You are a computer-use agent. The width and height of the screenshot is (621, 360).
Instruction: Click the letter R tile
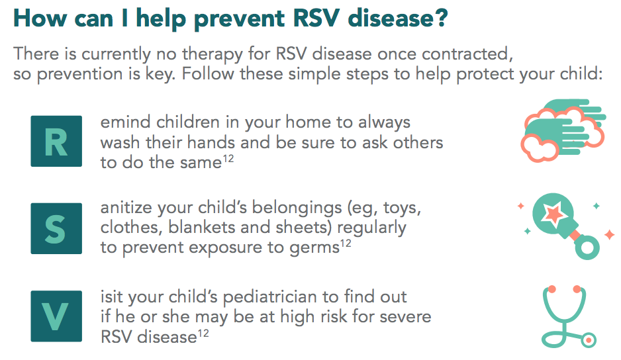point(56,141)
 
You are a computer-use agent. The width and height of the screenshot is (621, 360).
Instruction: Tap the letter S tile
point(56,228)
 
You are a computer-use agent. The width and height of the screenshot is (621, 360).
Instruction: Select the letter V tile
point(56,316)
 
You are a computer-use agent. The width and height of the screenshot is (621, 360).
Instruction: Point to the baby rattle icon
point(565,226)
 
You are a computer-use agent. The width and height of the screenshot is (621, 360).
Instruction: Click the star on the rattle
point(553,213)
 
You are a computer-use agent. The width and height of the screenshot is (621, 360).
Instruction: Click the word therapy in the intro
point(213,54)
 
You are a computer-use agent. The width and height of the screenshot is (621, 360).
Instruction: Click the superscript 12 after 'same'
point(228,158)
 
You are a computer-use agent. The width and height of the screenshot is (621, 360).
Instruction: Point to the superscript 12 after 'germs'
point(346,243)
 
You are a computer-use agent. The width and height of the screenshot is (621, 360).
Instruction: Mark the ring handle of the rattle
point(587,247)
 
